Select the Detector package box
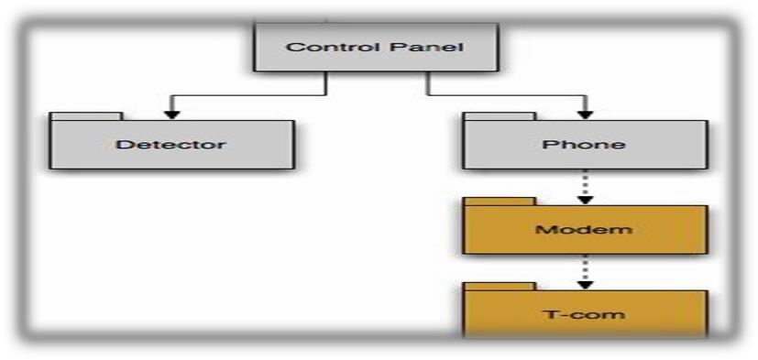(x=171, y=145)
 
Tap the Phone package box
(x=584, y=145)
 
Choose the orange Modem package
(x=584, y=229)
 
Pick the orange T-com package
(x=584, y=313)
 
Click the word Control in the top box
(x=318, y=46)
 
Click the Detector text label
(x=171, y=145)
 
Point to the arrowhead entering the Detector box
(x=169, y=113)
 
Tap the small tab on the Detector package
(x=85, y=116)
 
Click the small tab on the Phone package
(x=499, y=116)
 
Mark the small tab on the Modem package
(x=499, y=201)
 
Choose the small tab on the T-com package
(x=499, y=286)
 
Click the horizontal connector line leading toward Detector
(x=247, y=94)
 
